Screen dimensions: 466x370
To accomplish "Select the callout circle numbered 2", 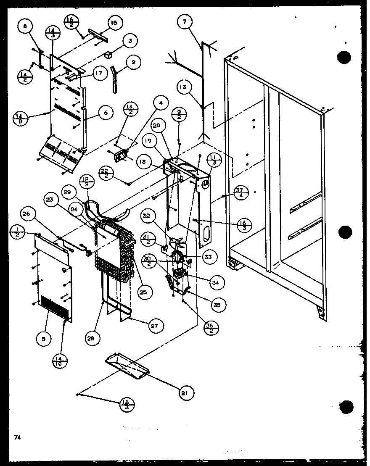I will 133,63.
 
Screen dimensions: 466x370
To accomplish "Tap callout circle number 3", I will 130,41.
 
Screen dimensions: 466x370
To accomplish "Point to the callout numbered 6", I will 106,112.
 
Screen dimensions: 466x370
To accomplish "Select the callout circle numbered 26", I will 26,214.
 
